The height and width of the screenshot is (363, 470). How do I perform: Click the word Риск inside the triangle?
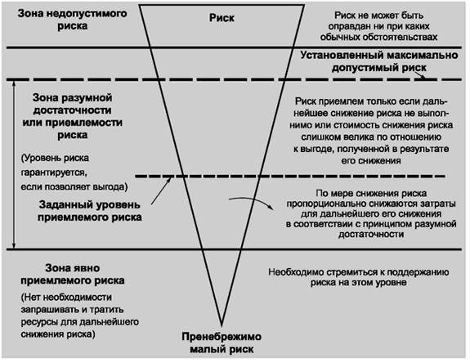[222, 18]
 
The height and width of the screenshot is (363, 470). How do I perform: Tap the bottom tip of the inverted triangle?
[222, 326]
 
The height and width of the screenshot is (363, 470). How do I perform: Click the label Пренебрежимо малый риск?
[222, 343]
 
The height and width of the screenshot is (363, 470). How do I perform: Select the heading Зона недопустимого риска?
[72, 20]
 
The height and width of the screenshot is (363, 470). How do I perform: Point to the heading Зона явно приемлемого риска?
[72, 274]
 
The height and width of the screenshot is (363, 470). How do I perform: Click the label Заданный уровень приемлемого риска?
[90, 211]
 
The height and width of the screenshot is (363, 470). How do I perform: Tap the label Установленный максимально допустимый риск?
[379, 61]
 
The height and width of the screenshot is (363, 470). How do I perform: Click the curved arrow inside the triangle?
[252, 200]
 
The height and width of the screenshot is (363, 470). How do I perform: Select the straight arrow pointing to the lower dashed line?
[162, 191]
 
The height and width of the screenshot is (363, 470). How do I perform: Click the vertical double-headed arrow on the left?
[14, 164]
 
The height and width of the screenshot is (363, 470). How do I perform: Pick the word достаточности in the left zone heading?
[72, 110]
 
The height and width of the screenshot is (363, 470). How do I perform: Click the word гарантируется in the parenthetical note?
[54, 173]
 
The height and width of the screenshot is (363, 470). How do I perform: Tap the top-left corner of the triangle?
[140, 5]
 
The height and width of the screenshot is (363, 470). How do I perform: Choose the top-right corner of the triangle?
[304, 5]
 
